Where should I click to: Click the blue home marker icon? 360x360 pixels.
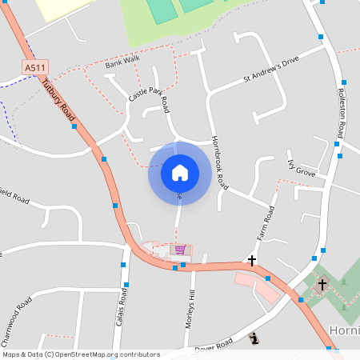click(179, 172)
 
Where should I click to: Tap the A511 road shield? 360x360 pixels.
click(35, 68)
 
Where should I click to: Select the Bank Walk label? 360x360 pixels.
click(122, 62)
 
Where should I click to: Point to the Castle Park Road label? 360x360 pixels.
click(149, 99)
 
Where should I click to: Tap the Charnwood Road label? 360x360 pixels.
click(16, 315)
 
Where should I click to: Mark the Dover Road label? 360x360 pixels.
click(213, 345)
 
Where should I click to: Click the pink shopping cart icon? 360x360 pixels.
click(180, 250)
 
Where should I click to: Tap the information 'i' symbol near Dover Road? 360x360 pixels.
click(254, 338)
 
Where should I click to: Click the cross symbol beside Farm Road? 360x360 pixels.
click(252, 261)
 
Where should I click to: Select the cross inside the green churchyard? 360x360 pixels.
click(322, 284)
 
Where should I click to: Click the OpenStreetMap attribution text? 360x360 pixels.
click(81, 354)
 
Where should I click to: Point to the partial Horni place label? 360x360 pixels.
click(344, 330)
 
